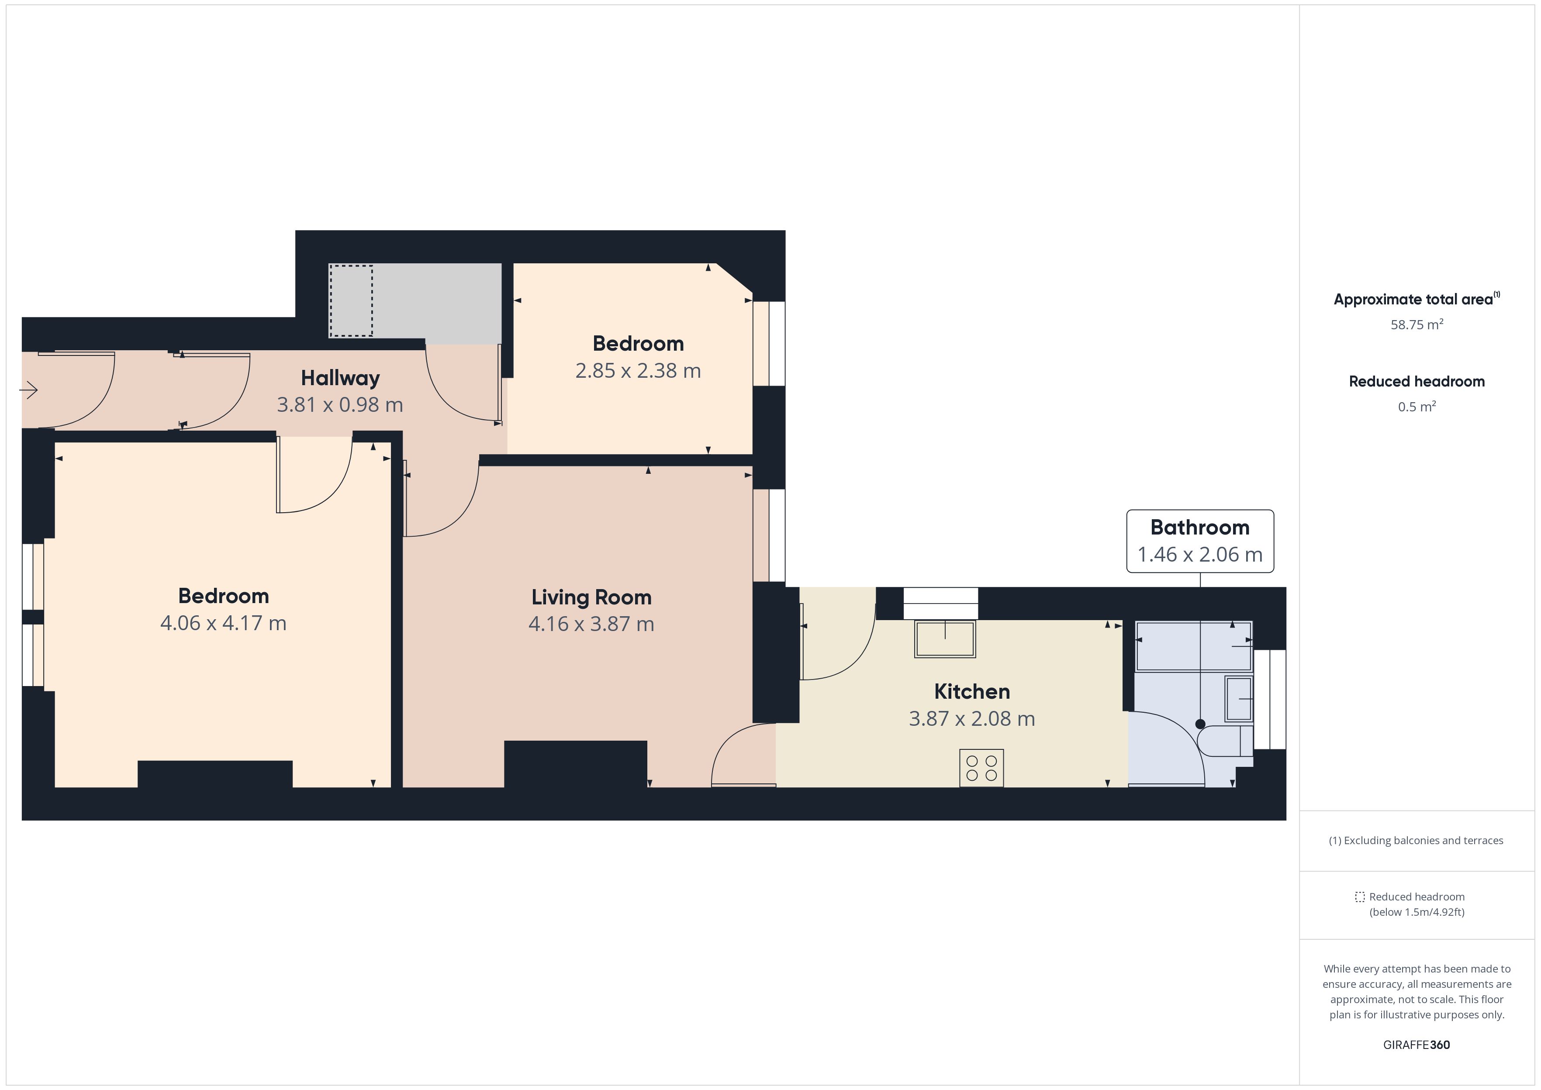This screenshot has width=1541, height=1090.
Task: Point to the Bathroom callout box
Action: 1200,541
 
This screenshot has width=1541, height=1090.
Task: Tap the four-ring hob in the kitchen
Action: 981,768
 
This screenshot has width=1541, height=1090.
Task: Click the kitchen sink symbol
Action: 945,639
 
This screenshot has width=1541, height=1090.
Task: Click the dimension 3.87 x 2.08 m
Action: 972,719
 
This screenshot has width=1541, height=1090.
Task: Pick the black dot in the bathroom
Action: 1200,724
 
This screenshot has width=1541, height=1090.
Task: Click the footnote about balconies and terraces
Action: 1416,840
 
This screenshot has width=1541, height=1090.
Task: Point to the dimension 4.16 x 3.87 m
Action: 591,624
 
